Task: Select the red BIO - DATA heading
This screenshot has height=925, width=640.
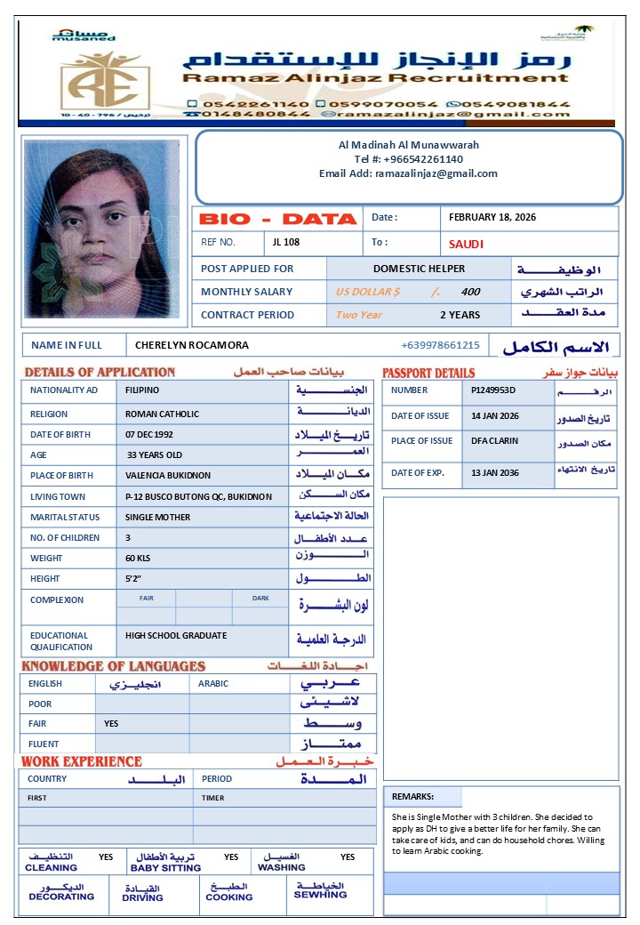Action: [277, 219]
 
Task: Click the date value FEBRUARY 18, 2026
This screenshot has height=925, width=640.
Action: [492, 218]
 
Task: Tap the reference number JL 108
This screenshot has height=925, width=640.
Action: [287, 242]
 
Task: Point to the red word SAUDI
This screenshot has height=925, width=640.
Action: [466, 244]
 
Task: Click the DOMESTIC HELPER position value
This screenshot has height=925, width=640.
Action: [419, 269]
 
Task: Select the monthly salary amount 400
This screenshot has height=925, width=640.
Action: [470, 292]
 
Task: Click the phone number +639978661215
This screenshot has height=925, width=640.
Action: [440, 345]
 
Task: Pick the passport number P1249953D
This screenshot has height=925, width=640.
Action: [493, 390]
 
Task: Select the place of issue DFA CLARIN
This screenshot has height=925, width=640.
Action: [495, 441]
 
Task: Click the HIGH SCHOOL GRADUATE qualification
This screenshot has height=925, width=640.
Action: [176, 636]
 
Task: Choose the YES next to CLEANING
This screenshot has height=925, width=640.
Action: [106, 857]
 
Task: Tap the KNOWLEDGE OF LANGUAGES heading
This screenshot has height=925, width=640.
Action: [113, 666]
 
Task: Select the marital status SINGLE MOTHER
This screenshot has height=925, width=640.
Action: [157, 518]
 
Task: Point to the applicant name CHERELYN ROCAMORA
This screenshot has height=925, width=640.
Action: [192, 345]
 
